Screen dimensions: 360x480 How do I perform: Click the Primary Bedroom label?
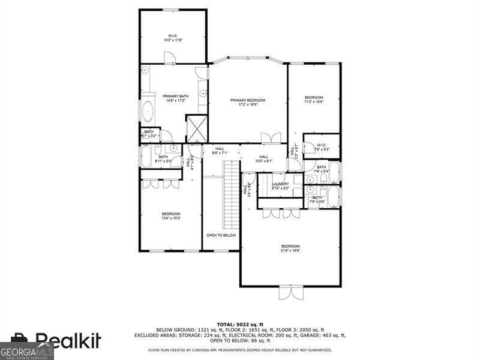(248, 103)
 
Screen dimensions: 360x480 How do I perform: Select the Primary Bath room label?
(175, 98)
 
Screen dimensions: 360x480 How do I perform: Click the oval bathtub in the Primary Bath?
(147, 112)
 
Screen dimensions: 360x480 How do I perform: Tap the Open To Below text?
(221, 235)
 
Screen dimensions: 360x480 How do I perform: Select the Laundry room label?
(280, 186)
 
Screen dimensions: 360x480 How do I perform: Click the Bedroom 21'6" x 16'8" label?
(290, 248)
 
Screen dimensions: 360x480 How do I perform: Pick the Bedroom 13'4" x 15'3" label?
(171, 216)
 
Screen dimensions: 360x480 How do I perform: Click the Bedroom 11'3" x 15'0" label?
(314, 100)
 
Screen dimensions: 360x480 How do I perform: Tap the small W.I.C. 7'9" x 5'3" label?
(321, 146)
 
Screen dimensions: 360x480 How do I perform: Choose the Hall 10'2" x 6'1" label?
(263, 158)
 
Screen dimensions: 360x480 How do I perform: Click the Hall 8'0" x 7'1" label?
(220, 151)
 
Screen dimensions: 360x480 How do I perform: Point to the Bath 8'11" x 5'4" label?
(163, 159)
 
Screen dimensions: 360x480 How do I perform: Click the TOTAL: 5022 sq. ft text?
(239, 325)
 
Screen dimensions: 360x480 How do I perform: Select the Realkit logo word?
(67, 341)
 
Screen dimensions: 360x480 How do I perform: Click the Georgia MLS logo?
(27, 351)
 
